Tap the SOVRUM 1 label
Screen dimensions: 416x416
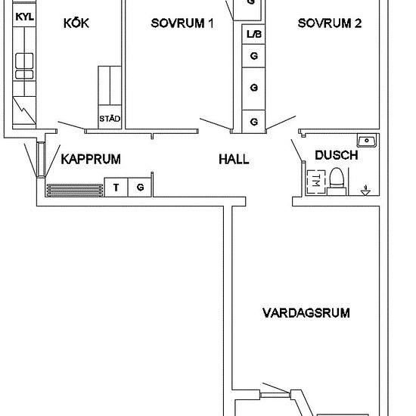point(182,23)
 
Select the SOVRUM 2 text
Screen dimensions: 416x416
point(329,23)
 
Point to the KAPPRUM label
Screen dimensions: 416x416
point(91,159)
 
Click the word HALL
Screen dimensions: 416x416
point(234,160)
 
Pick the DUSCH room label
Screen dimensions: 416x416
point(336,155)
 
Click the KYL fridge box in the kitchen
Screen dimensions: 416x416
point(24,15)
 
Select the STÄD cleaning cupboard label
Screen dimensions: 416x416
point(110,119)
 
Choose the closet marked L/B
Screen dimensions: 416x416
point(253,34)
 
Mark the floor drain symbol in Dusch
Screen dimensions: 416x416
point(366,190)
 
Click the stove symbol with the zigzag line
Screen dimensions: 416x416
point(24,111)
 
